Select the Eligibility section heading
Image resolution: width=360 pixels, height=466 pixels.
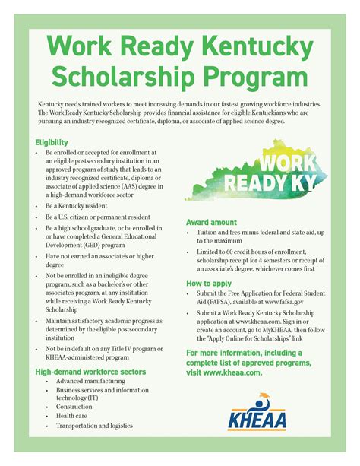point(52,142)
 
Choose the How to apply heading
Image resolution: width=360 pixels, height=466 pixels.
point(210,283)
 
